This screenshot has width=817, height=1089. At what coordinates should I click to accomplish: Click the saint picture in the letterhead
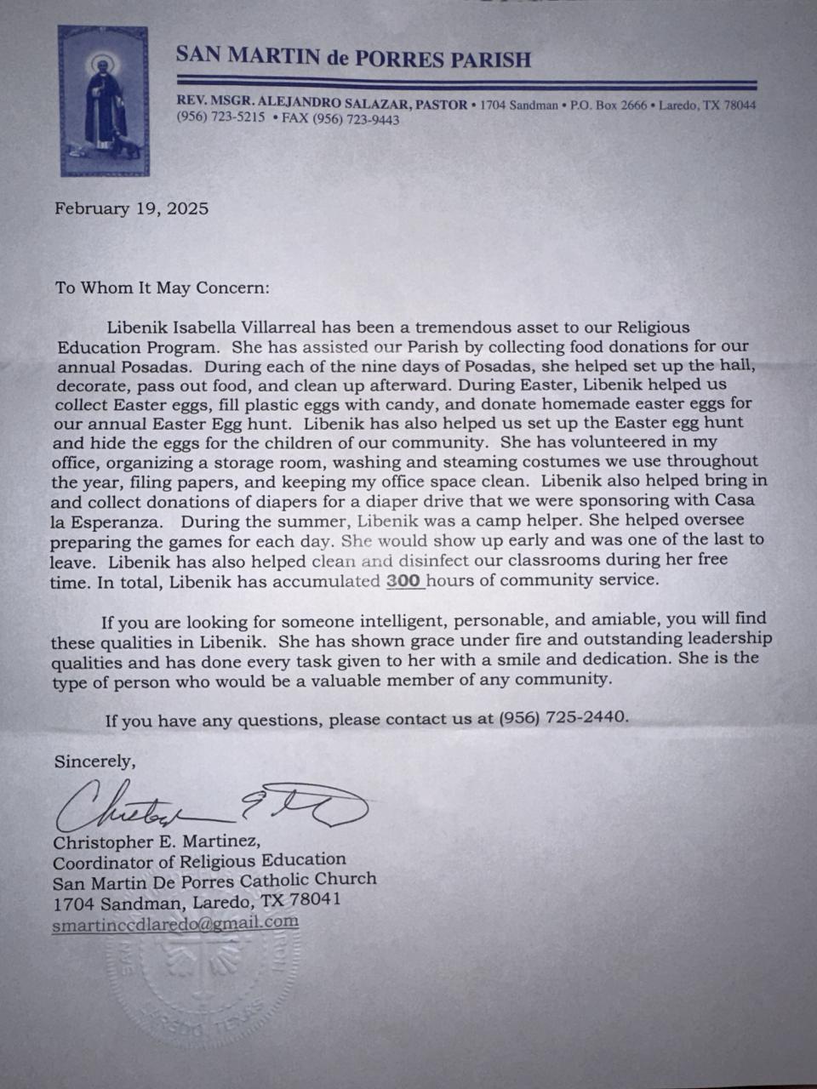(x=103, y=100)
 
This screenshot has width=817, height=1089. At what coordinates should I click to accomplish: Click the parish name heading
(x=353, y=59)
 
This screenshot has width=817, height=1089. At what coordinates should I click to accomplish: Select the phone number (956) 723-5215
(x=220, y=119)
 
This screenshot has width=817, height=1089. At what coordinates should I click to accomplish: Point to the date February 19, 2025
(x=131, y=208)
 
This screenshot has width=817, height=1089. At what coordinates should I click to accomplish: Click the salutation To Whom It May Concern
(x=162, y=287)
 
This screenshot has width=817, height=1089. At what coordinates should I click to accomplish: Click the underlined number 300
(x=404, y=580)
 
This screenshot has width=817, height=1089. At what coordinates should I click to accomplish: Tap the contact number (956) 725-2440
(x=563, y=717)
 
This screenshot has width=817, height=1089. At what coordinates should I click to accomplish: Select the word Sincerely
(x=94, y=761)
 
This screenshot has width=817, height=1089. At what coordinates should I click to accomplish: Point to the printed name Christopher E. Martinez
(x=156, y=842)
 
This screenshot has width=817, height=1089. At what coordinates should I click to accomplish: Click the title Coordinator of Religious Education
(x=199, y=861)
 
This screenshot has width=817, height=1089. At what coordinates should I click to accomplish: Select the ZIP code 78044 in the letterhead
(x=737, y=105)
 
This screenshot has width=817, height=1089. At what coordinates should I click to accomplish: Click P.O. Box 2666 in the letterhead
(x=608, y=105)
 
